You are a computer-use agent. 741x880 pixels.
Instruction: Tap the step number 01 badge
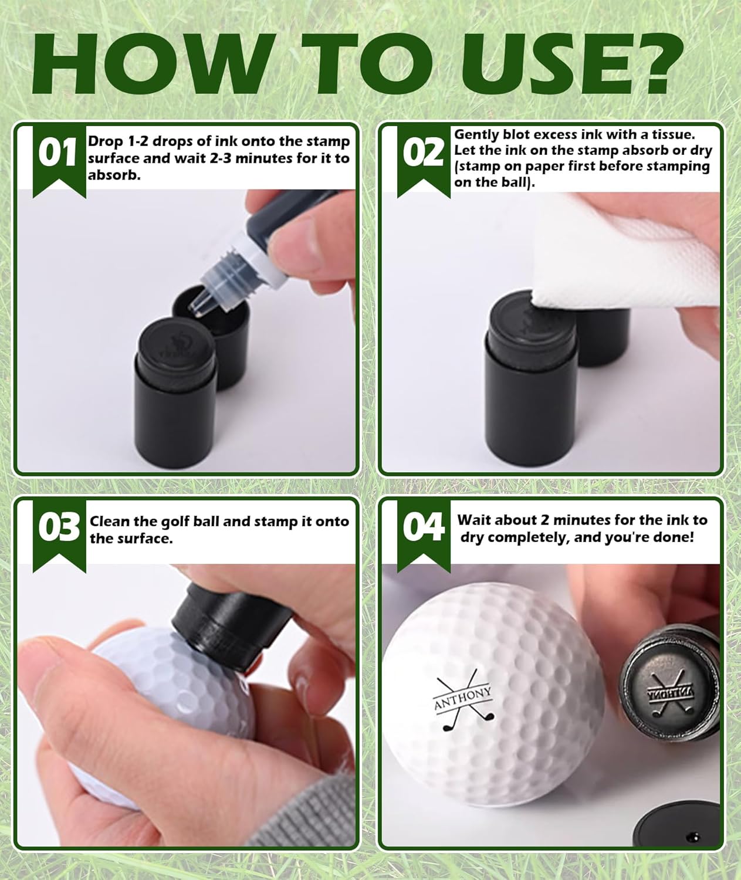pos(57,154)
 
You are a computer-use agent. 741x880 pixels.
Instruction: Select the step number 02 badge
pos(423,154)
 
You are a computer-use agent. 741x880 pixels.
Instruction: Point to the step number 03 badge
pos(59,528)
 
